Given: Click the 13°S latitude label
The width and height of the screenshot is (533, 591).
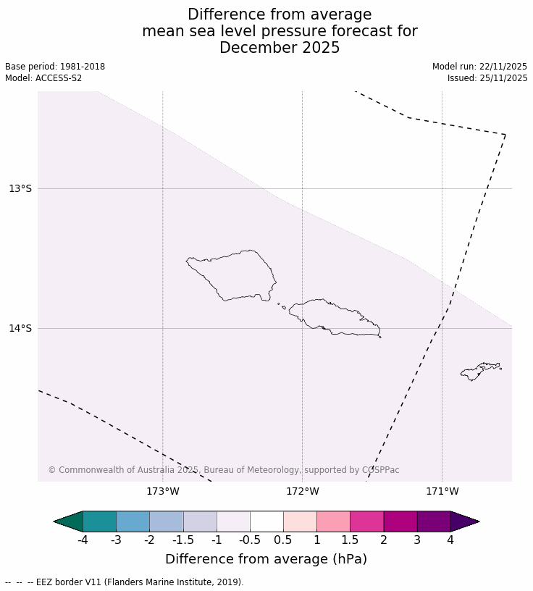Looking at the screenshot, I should click(x=20, y=189).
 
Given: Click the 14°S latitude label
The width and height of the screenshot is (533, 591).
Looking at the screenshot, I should click(x=20, y=329).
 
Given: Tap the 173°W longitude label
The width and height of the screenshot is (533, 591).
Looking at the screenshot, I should click(x=162, y=492).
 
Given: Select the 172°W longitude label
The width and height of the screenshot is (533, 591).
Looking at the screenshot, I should click(x=302, y=492).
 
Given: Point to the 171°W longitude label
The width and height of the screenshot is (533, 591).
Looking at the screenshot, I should click(x=442, y=492).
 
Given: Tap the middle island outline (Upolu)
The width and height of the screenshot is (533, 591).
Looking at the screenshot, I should click(x=333, y=317).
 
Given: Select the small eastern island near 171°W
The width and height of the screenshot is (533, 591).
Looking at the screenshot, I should click(x=479, y=371).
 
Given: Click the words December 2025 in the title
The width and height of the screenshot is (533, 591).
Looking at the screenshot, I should click(x=280, y=49).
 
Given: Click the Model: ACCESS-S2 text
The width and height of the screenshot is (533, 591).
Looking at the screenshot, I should click(x=43, y=78).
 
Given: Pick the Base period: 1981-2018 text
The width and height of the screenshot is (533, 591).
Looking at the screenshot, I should click(x=55, y=67).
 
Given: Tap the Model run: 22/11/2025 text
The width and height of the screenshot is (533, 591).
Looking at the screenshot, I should click(x=479, y=67).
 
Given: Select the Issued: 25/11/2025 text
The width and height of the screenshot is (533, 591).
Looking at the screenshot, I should click(x=487, y=78).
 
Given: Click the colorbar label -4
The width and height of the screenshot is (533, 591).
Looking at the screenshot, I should click(x=83, y=540).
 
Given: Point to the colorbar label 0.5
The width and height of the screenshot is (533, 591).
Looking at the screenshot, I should click(x=283, y=540).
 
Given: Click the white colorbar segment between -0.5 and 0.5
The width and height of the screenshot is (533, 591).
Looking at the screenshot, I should click(x=266, y=521).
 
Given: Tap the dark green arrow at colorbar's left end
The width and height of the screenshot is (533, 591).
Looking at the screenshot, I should click(x=69, y=521).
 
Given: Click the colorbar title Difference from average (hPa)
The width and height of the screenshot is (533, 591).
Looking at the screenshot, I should click(x=266, y=559).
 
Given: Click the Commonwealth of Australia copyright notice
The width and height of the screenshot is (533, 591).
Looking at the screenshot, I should click(x=224, y=470).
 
